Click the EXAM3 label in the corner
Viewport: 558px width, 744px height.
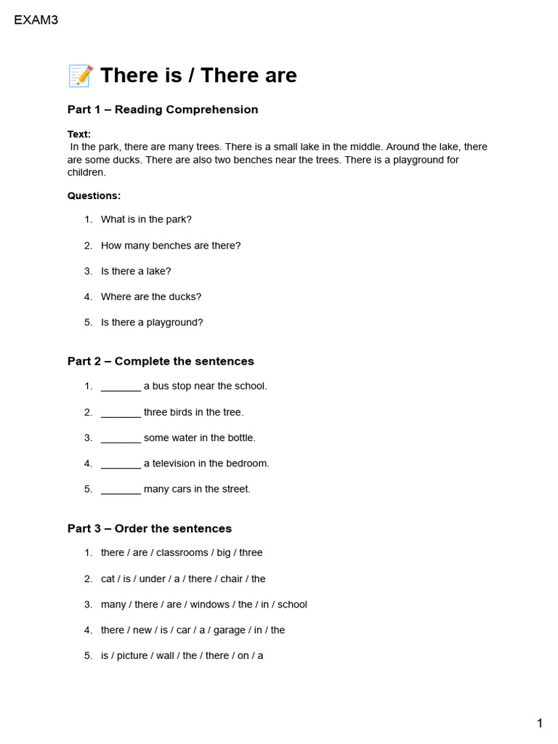36,20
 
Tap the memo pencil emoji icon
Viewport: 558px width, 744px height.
80,76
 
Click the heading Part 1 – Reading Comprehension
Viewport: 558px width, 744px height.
163,110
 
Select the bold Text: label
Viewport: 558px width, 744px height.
79,134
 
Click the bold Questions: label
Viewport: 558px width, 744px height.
94,195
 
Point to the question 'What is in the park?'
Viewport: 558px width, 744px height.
146,219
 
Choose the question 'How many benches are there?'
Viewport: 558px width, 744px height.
171,246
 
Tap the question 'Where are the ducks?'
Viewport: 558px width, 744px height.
151,296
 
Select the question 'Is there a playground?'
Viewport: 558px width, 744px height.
152,322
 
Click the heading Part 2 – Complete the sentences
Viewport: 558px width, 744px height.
161,361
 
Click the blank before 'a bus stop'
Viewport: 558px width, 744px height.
121,387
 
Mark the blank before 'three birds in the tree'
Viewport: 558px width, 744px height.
121,413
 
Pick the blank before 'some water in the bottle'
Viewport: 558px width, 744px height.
121,438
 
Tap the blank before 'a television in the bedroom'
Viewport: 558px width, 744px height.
121,464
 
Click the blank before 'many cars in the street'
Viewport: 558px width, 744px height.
121,489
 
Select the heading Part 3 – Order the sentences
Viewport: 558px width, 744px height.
150,528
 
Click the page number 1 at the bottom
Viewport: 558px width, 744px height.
540,723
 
